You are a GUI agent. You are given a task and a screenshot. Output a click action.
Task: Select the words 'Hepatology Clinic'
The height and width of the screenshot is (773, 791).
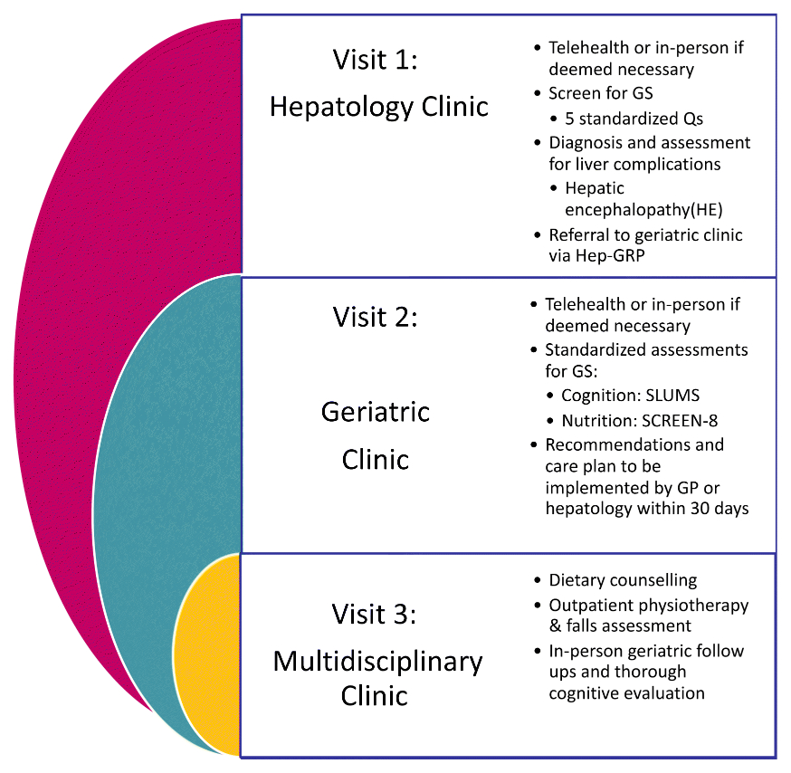click(379, 106)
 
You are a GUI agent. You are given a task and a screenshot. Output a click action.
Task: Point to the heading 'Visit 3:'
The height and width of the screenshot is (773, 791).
click(376, 616)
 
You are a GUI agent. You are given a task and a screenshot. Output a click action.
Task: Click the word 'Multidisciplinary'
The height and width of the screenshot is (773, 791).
click(377, 661)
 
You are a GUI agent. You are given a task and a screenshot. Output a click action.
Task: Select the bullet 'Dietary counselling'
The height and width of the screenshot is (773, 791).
click(623, 580)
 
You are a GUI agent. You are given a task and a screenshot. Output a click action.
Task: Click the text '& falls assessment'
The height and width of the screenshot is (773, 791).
click(620, 625)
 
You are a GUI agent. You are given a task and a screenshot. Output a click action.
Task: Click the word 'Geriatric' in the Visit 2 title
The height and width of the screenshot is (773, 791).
click(376, 412)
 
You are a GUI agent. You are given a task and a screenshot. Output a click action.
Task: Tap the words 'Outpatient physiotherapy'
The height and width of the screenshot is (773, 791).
click(649, 604)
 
